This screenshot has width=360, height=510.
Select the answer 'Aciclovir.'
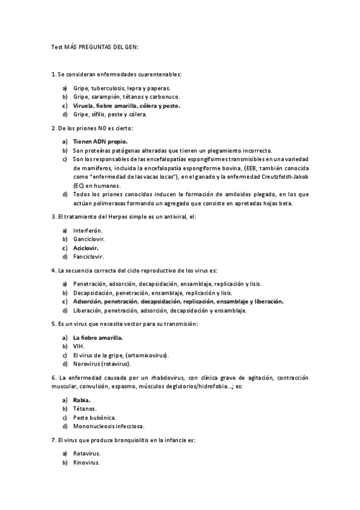click(x=86, y=247)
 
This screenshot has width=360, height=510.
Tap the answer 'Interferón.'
click(x=88, y=230)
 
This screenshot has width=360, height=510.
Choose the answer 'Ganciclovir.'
click(x=89, y=239)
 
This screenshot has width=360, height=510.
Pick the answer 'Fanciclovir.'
click(x=89, y=256)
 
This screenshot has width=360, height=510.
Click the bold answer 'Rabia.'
click(x=82, y=400)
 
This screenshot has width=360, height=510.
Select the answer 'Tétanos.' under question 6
click(x=85, y=408)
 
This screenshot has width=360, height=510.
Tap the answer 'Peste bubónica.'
click(x=95, y=417)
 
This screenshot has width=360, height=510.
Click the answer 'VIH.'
click(x=79, y=346)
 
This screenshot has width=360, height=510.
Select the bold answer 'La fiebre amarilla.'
click(x=98, y=337)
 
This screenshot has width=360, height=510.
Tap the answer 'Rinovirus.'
click(x=87, y=462)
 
